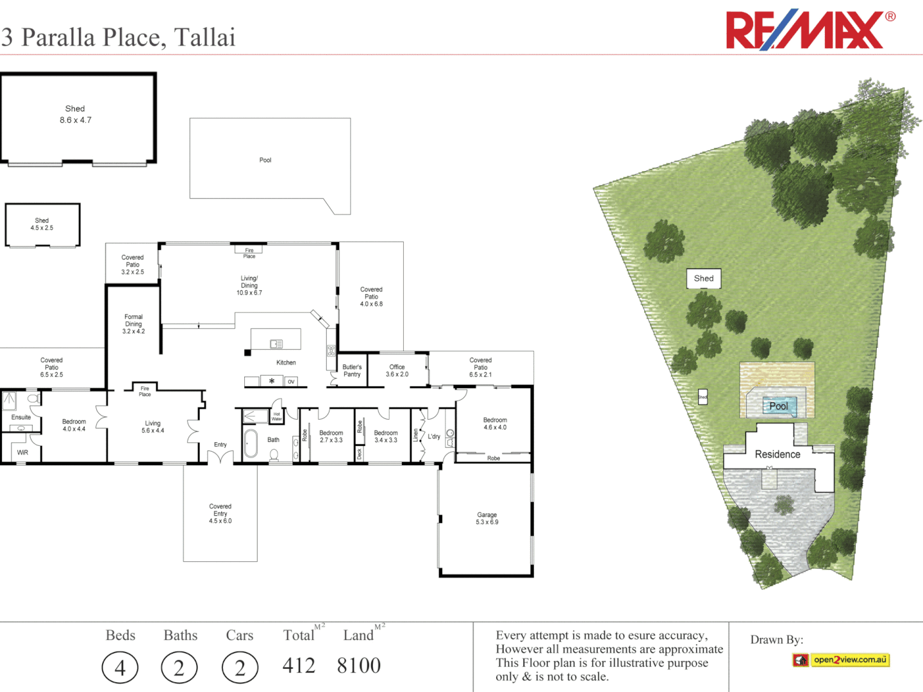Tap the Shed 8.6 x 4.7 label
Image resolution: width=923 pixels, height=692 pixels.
tap(76, 115)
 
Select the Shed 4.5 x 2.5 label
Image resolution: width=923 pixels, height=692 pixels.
tap(42, 224)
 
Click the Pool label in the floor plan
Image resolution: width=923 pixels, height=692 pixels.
tap(265, 160)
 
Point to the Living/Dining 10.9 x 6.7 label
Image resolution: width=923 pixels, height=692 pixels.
tap(249, 286)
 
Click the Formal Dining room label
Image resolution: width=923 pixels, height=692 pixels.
tap(133, 324)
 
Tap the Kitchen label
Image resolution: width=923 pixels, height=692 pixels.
tap(286, 363)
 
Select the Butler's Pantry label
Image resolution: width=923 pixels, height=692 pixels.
tap(352, 371)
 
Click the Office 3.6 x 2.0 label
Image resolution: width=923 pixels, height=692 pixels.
tap(397, 371)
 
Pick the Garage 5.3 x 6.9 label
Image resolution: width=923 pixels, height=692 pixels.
tap(487, 518)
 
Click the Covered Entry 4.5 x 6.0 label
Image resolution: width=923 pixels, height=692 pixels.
tap(220, 514)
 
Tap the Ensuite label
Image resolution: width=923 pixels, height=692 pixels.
tap(21, 417)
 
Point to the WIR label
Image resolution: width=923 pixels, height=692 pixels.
tap(22, 452)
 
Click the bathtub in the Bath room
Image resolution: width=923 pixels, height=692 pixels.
tap(251, 443)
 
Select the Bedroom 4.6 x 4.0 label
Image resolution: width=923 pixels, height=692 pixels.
tap(495, 424)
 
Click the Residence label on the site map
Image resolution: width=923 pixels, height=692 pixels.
tap(777, 454)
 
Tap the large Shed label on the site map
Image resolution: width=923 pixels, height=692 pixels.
tap(704, 279)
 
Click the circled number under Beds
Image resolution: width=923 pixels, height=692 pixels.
tap(120, 668)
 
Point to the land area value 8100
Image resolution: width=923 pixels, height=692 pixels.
tap(359, 666)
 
